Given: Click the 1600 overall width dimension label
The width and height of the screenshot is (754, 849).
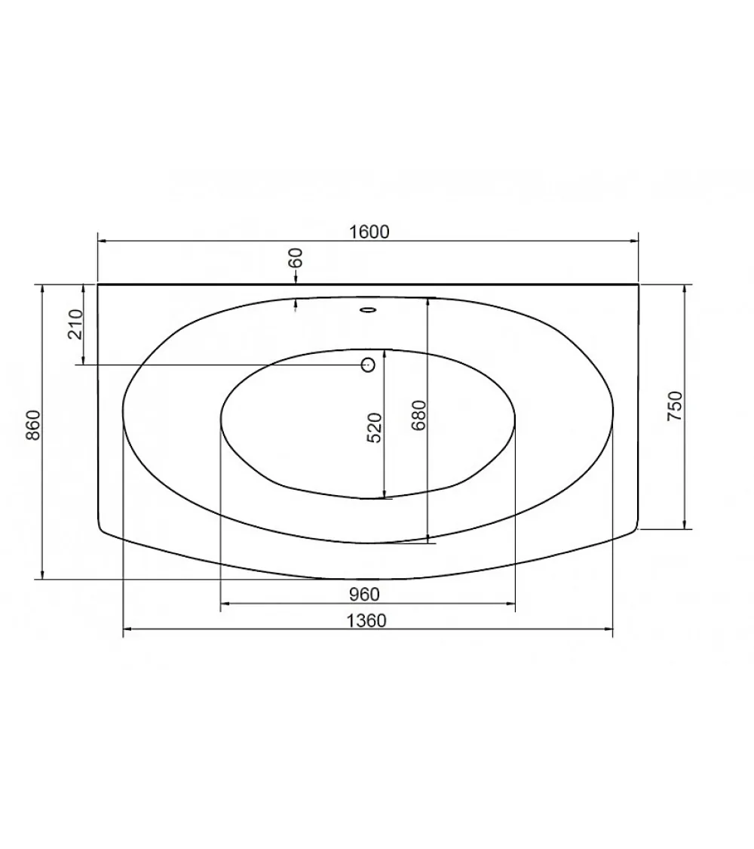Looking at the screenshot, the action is click(369, 232).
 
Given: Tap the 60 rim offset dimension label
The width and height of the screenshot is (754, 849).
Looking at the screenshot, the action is click(296, 258).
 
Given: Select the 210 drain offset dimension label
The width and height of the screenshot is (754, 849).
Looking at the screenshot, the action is click(75, 325).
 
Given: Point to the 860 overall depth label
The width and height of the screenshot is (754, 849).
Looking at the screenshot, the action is click(33, 425).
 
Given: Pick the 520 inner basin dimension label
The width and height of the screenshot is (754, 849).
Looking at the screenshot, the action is click(374, 428).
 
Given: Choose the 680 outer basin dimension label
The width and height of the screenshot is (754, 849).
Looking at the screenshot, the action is click(418, 415).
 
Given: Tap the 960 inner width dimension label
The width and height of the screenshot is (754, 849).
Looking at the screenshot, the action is click(364, 594).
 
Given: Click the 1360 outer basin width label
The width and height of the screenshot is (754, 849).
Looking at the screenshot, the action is click(366, 620).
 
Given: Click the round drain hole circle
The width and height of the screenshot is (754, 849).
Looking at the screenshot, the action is click(368, 365).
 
